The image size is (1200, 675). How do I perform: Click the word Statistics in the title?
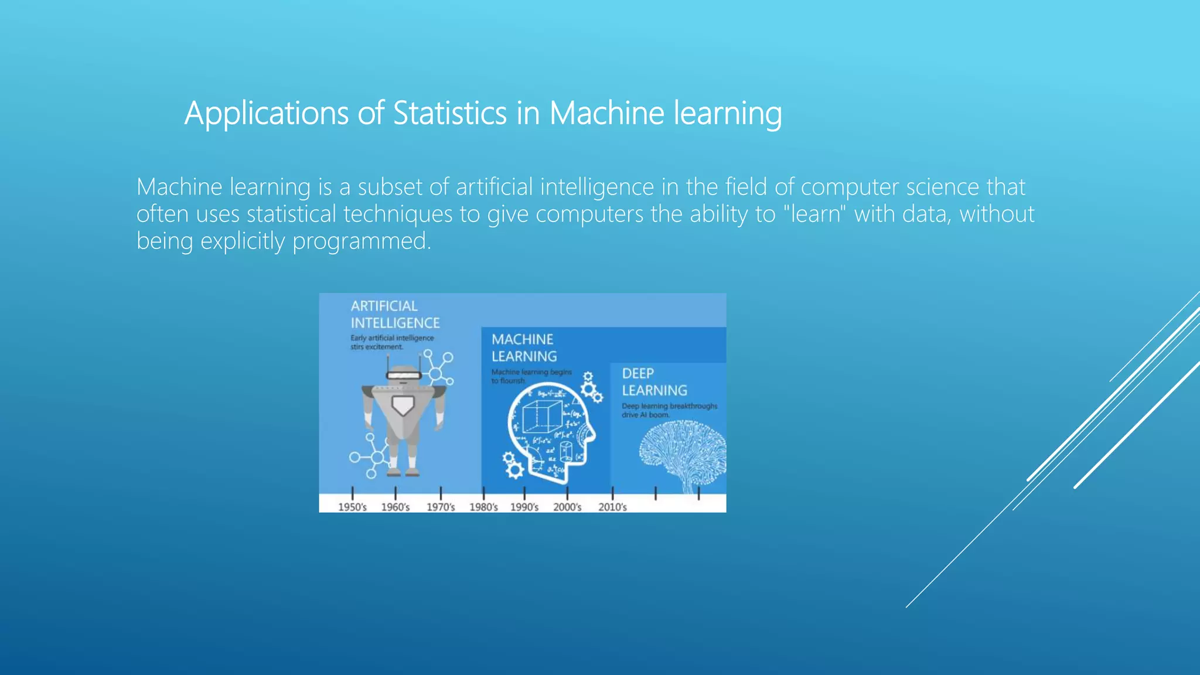tap(449, 113)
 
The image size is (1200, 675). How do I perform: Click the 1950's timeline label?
tap(352, 507)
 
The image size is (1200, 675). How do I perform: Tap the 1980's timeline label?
tap(483, 507)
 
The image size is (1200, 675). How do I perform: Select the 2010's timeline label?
tap(612, 507)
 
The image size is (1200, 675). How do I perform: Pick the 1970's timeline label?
tap(441, 507)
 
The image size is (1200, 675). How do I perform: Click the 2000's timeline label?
tap(567, 507)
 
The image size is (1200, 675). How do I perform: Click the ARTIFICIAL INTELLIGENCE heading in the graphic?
tap(394, 315)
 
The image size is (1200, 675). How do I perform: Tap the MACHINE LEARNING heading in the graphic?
tap(524, 348)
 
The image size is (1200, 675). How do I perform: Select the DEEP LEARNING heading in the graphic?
tap(654, 382)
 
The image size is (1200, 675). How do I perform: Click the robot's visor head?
tap(403, 374)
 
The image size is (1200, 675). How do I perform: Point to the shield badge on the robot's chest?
tap(403, 405)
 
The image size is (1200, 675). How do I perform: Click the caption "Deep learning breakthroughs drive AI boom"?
tap(669, 410)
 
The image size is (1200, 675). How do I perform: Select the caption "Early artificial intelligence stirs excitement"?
tap(392, 342)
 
